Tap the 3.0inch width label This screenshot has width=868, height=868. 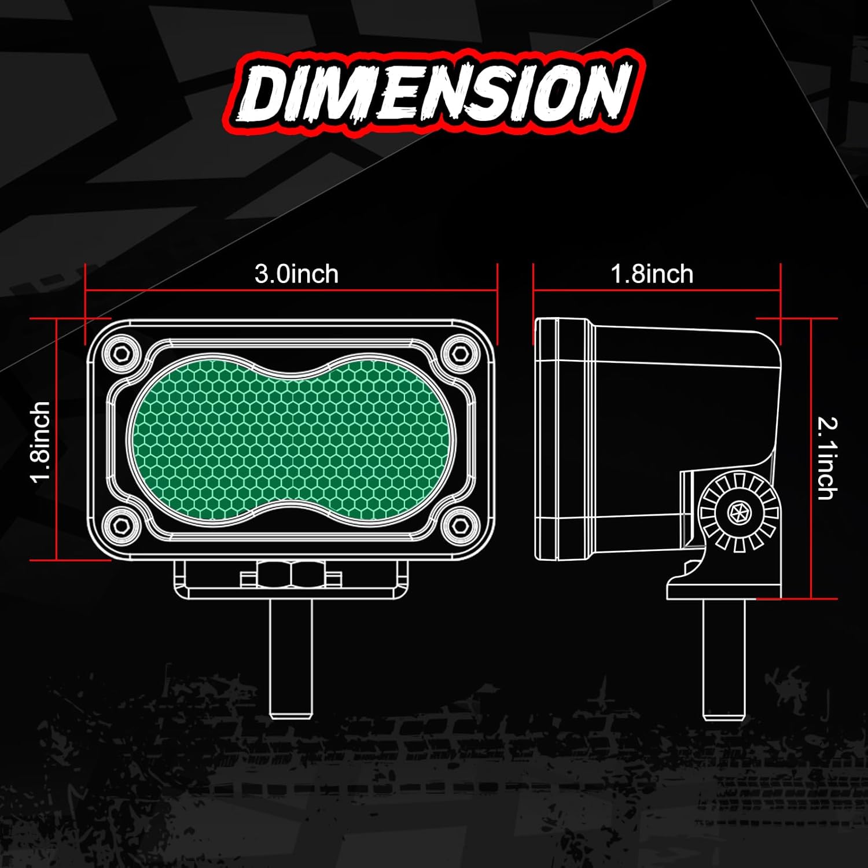296,274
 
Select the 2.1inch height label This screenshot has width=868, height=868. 827,458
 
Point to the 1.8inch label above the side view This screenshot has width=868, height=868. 652,274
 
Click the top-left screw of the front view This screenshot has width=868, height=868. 121,352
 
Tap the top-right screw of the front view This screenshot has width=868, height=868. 460,352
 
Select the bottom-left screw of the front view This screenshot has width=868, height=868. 121,525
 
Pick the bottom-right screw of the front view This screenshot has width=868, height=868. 460,525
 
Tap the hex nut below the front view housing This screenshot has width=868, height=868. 291,576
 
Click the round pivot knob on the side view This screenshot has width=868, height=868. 738,512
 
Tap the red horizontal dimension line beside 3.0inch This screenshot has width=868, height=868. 174,290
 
